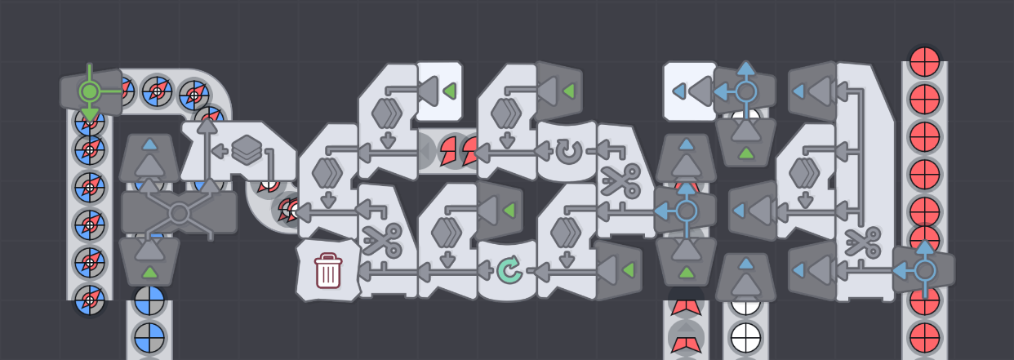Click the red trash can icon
328,270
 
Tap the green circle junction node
90,91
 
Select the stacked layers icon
246,150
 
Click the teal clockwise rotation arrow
508,269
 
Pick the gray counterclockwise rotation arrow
566,151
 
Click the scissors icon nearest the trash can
381,240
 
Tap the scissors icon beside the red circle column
862,242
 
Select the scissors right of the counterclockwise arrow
620,180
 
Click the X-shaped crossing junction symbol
180,213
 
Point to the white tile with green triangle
440,91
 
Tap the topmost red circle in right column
925,61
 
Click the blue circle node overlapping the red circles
925,269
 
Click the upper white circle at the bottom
745,304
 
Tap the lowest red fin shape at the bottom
686,341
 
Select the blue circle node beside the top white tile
745,91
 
